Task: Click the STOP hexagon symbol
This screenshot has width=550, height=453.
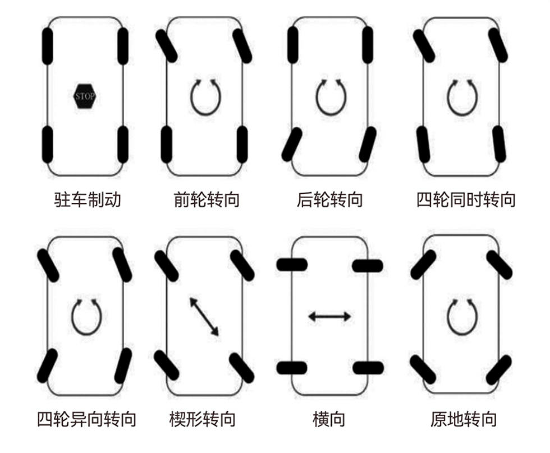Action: pyautogui.click(x=85, y=96)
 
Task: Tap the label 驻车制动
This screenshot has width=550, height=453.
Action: pyautogui.click(x=88, y=200)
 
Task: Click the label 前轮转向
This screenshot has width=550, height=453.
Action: pyautogui.click(x=207, y=200)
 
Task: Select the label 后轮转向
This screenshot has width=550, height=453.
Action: pyautogui.click(x=330, y=200)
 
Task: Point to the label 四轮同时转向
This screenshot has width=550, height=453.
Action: pyautogui.click(x=466, y=200)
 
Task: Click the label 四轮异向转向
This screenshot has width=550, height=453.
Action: pyautogui.click(x=86, y=419)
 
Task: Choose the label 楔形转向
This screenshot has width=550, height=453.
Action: pyautogui.click(x=203, y=419)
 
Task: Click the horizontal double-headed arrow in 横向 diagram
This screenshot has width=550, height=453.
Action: pyautogui.click(x=330, y=317)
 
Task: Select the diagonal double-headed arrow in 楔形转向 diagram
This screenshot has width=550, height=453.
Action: pyautogui.click(x=204, y=317)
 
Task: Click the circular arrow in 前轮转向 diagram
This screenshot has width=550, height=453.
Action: pyautogui.click(x=206, y=96)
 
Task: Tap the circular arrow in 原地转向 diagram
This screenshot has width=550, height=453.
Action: pyautogui.click(x=462, y=317)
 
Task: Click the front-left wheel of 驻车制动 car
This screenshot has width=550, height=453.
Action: pyautogui.click(x=48, y=46)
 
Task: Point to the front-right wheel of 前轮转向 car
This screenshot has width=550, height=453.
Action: pyautogui.click(x=242, y=46)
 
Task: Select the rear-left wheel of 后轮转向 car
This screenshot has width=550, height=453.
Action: pyautogui.click(x=292, y=145)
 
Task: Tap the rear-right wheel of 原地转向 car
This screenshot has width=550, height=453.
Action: pyautogui.click(x=499, y=370)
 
